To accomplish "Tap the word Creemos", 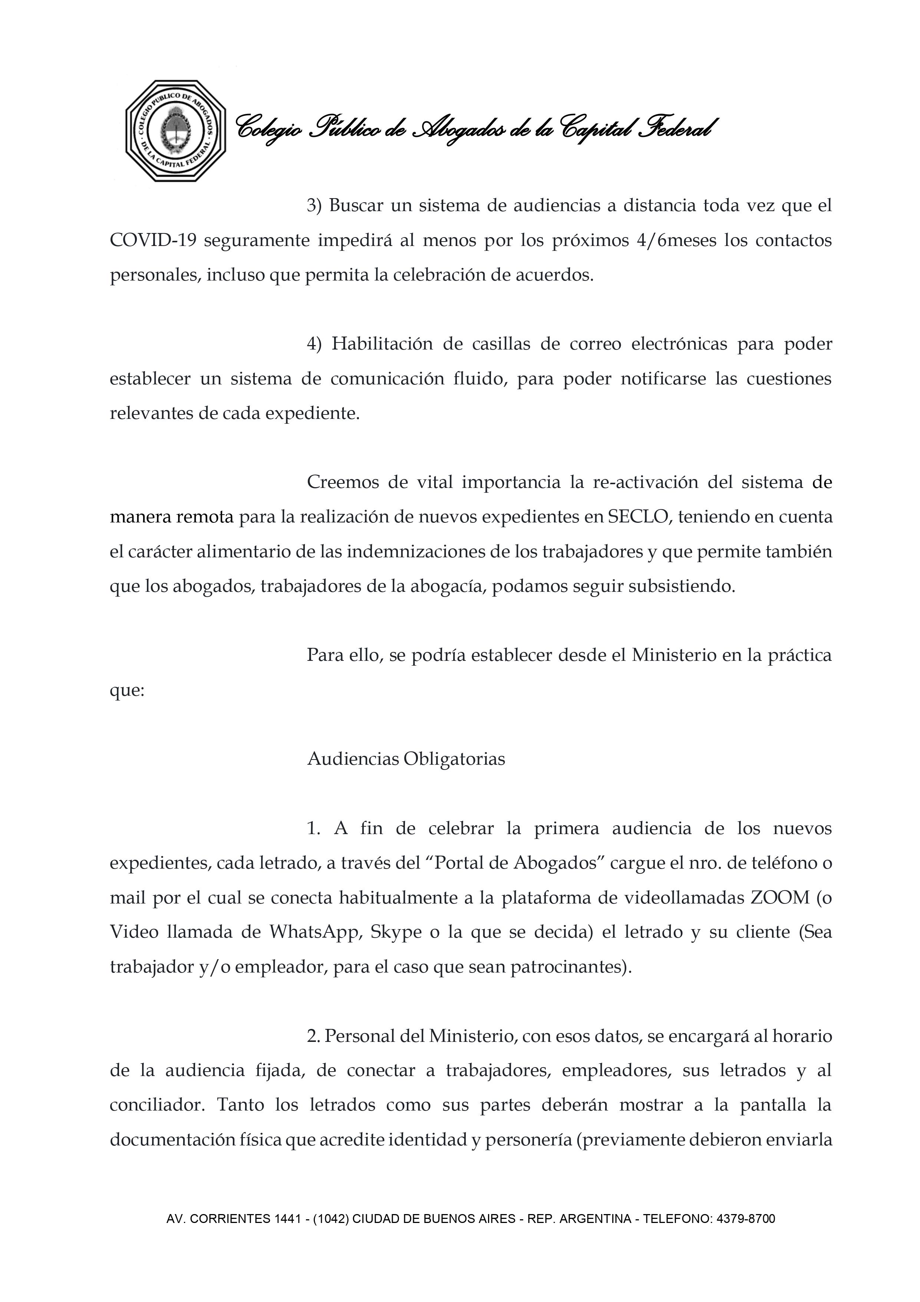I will pyautogui.click(x=342, y=483).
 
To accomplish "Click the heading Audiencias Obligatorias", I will pyautogui.click(x=406, y=759).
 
